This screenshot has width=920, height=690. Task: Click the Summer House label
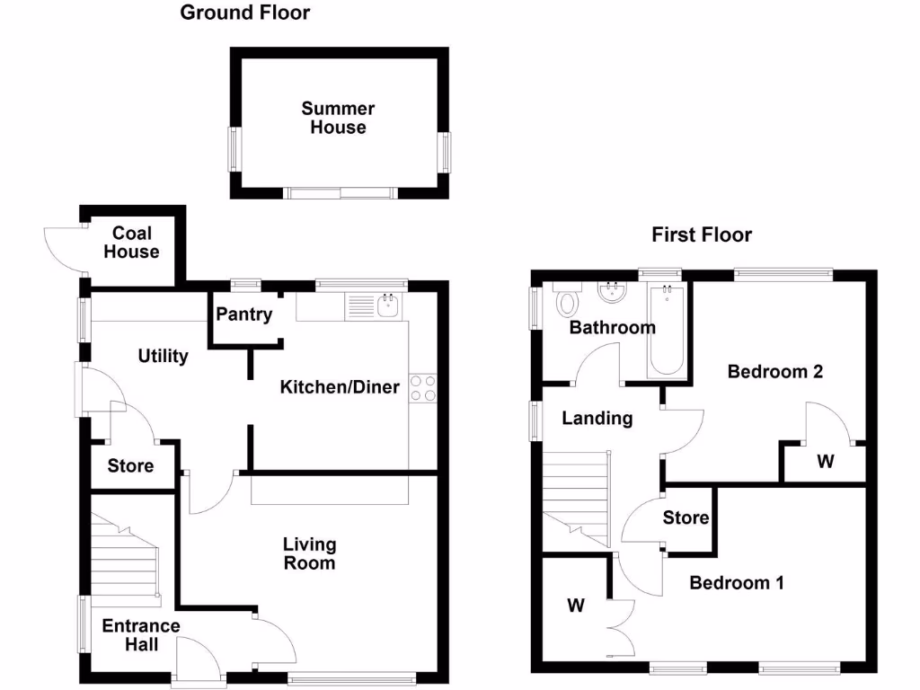[x=338, y=118]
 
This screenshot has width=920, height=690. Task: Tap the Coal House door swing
[x=61, y=246]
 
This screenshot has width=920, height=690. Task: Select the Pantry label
[x=243, y=314]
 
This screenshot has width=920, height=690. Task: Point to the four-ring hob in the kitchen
[x=422, y=388]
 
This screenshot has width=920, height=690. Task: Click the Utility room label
[x=163, y=357]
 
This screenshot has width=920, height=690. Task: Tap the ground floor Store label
[x=130, y=466]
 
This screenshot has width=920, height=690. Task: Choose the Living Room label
[x=309, y=553]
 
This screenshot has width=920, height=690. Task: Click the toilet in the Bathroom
[x=567, y=303]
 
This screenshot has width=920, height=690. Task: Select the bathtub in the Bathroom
[x=666, y=332]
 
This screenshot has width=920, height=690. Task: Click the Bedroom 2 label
[x=775, y=371]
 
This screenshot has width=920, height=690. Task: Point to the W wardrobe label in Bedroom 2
[x=825, y=462]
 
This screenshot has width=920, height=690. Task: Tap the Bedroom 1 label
[x=737, y=582]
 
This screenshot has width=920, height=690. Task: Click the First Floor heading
[x=701, y=235]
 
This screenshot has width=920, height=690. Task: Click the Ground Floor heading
[x=245, y=13]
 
